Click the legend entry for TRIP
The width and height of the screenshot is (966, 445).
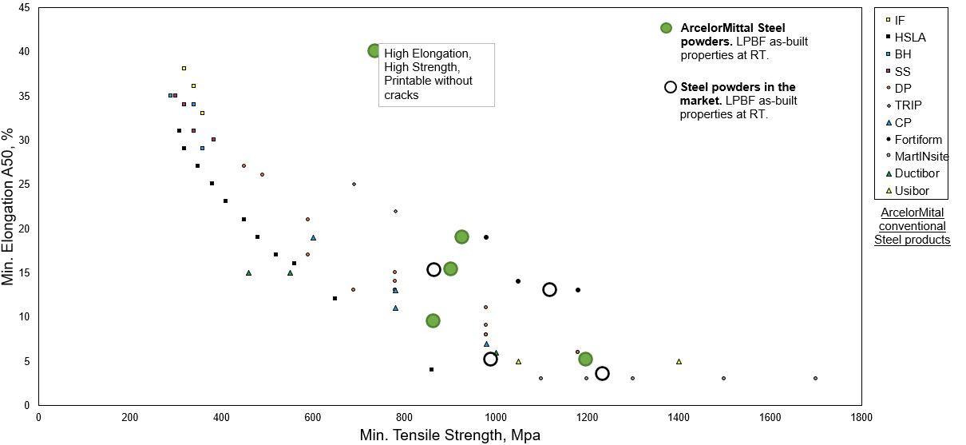[907, 105]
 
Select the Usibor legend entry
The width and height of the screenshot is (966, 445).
[911, 191]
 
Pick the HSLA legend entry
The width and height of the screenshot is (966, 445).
[909, 37]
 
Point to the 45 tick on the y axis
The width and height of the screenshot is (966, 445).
[24, 8]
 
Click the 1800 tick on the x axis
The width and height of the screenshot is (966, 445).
[861, 417]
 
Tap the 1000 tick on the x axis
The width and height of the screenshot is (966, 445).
[496, 417]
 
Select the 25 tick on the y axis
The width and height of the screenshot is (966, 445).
[24, 185]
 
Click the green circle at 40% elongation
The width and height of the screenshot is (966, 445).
[374, 51]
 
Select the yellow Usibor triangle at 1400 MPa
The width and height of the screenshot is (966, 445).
[679, 361]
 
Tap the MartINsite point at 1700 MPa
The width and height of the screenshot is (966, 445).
[815, 379]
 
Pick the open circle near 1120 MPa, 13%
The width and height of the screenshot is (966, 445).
[549, 289]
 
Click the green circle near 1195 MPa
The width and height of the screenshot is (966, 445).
[585, 360]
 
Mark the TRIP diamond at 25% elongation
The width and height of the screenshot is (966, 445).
[354, 184]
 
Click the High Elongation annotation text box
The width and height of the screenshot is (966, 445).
[436, 74]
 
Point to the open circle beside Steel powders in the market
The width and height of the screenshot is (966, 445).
[671, 87]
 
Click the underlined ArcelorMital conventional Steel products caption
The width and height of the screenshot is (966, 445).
[912, 226]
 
